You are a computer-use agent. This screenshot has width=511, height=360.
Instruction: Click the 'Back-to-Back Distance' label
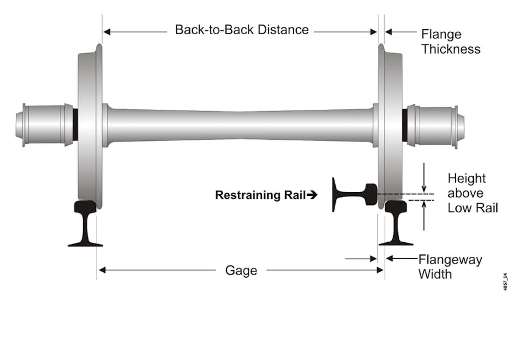coord(242,30)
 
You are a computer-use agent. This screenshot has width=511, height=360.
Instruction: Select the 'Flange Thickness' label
coord(450,41)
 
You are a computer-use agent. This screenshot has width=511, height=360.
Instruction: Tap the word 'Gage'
coord(241,270)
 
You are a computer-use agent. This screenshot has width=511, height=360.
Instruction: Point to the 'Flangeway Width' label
coord(449,267)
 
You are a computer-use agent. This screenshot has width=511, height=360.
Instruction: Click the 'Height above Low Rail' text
coord(472,193)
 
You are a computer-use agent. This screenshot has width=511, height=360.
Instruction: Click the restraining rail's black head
coord(369,194)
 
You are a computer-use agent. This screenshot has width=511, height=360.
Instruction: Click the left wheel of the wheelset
coord(90,125)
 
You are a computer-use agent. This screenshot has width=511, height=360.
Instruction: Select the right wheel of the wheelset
coord(390,125)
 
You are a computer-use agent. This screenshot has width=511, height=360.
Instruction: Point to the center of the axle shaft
coord(241,125)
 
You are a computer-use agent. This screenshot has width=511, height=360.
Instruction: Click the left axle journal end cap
coord(21,124)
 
